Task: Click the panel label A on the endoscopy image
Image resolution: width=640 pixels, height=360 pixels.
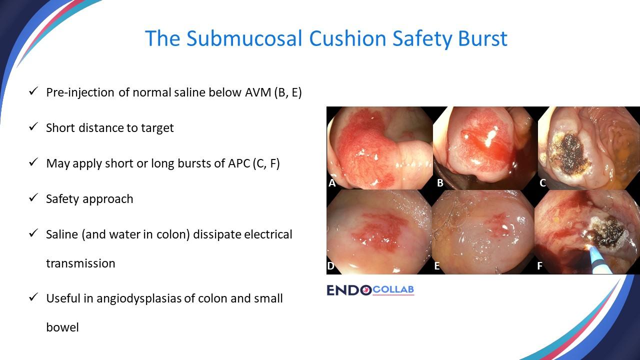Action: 332,183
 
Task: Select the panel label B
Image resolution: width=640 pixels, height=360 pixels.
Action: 440,183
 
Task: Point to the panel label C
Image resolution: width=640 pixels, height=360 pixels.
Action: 543,183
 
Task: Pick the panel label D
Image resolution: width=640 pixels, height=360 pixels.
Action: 330,266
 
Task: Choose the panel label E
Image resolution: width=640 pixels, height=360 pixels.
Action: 437,266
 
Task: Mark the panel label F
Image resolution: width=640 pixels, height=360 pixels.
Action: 540,266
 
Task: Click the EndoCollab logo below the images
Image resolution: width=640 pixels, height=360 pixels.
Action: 370,290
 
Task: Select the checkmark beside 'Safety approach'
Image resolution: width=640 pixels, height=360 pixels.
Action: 33,198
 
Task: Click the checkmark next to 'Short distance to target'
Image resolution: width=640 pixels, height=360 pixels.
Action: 33,127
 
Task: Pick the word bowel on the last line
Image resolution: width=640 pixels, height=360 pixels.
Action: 62,328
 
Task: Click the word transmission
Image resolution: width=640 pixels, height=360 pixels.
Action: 80,263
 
